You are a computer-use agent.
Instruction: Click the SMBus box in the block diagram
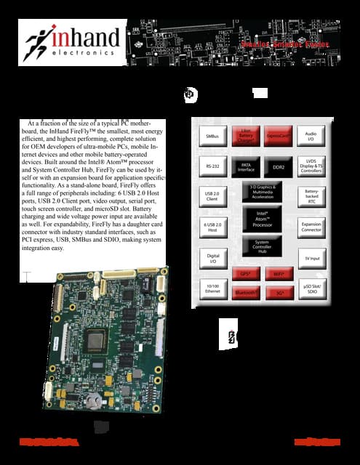(213, 136)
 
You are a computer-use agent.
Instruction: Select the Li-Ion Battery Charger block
(246, 135)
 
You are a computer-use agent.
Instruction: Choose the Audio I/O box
(311, 135)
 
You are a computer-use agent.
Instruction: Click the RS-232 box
(213, 166)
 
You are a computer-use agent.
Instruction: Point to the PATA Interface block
(246, 166)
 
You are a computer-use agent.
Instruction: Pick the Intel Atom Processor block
(262, 219)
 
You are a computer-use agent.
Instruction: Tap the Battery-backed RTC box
(311, 196)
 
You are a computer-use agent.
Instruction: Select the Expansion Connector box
(311, 228)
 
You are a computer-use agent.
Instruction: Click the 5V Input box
(311, 258)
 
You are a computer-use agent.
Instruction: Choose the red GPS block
(246, 274)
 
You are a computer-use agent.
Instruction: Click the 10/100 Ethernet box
(213, 290)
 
